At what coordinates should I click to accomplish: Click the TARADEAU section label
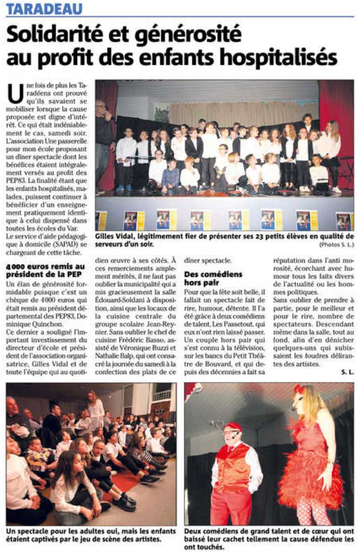44,8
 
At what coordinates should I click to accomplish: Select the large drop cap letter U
16,93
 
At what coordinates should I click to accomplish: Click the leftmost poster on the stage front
101,221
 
